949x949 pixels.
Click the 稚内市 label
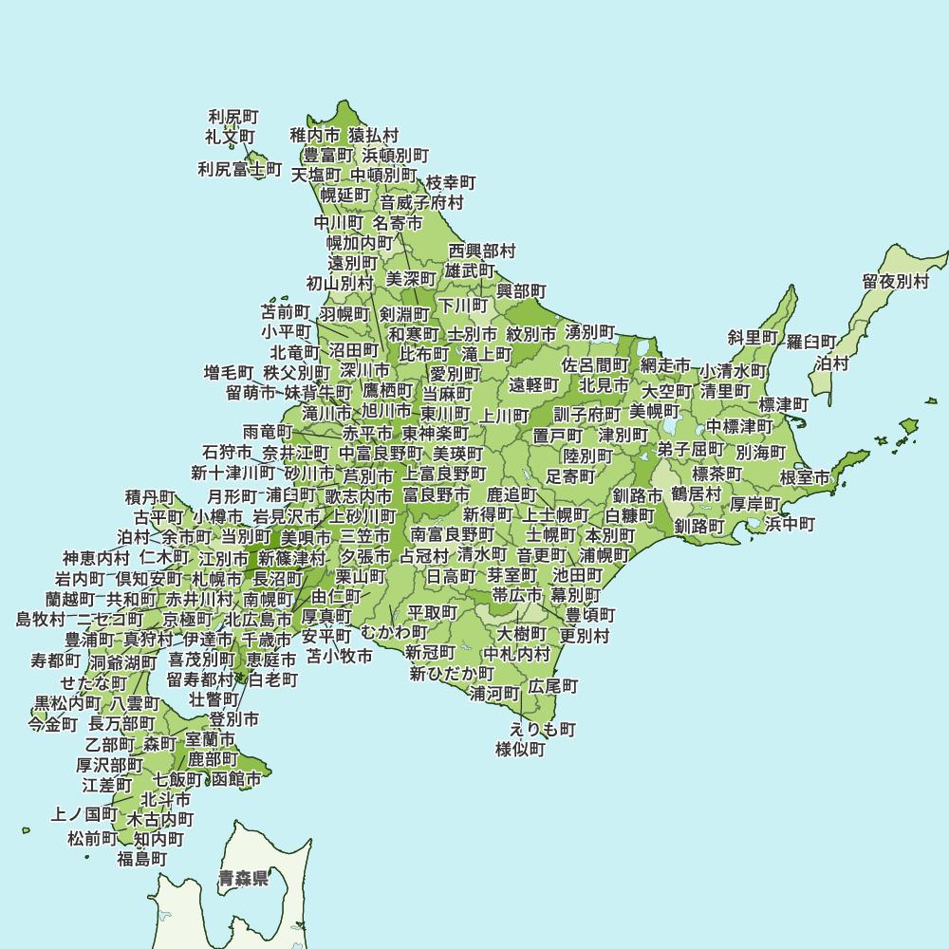click(315, 136)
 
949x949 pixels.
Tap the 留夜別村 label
click(896, 282)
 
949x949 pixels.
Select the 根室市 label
click(805, 476)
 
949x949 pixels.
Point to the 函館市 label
click(236, 780)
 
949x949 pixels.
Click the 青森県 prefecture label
click(243, 878)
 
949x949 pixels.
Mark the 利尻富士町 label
click(240, 170)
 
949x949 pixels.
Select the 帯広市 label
click(517, 596)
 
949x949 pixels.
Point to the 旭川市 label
click(387, 412)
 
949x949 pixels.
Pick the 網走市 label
click(665, 365)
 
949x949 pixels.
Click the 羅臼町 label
click(812, 342)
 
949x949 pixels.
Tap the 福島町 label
click(142, 859)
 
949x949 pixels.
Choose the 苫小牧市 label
click(339, 656)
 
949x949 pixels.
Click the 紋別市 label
click(531, 334)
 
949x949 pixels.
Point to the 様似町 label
click(521, 750)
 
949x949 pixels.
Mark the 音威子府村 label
click(422, 202)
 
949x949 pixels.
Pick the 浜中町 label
click(790, 524)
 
